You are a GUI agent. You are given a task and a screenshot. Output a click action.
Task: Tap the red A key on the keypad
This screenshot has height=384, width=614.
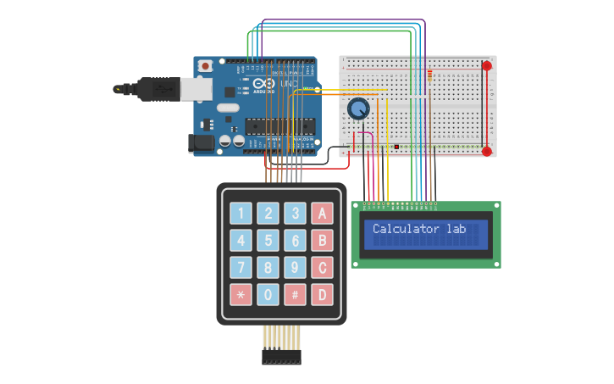tap(321, 214)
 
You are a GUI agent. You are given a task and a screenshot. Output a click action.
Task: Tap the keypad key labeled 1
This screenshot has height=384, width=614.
tap(241, 214)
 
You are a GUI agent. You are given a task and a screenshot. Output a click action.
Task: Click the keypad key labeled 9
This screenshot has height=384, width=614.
tap(295, 269)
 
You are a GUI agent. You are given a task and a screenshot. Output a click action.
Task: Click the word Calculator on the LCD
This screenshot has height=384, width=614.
tap(406, 229)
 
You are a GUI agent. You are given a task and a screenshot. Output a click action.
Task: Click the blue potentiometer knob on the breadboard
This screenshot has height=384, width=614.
tap(359, 109)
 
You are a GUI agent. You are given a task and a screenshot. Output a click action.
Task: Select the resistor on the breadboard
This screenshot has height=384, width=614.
tap(431, 78)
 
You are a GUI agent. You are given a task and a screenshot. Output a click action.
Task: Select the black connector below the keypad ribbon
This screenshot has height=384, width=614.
tap(281, 359)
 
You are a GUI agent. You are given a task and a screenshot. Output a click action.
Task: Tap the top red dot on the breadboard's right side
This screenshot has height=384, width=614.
tap(486, 65)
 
